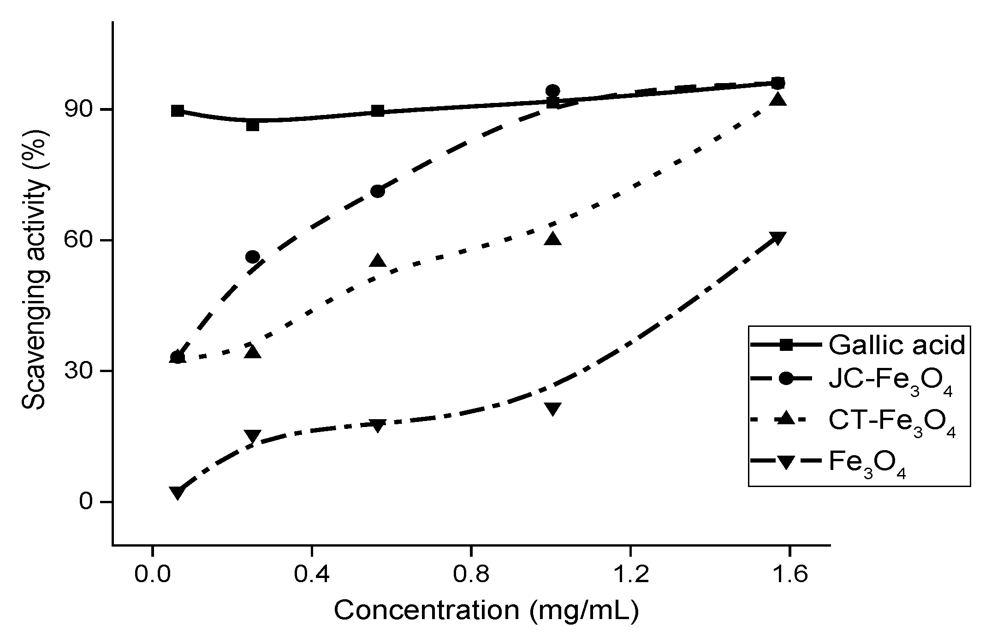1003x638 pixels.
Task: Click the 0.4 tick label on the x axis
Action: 311,575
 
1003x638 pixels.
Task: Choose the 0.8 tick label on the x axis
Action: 471,575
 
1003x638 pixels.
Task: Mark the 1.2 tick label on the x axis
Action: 630,575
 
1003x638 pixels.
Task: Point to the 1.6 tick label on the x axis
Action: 789,575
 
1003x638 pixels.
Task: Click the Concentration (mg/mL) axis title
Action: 487,610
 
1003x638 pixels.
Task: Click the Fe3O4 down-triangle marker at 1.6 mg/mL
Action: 777,238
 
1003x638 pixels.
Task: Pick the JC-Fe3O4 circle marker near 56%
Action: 253,257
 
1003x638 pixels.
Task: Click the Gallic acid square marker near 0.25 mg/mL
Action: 253,125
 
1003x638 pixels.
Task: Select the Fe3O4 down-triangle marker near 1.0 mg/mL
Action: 552,409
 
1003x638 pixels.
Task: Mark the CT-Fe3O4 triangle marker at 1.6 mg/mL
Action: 777,99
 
